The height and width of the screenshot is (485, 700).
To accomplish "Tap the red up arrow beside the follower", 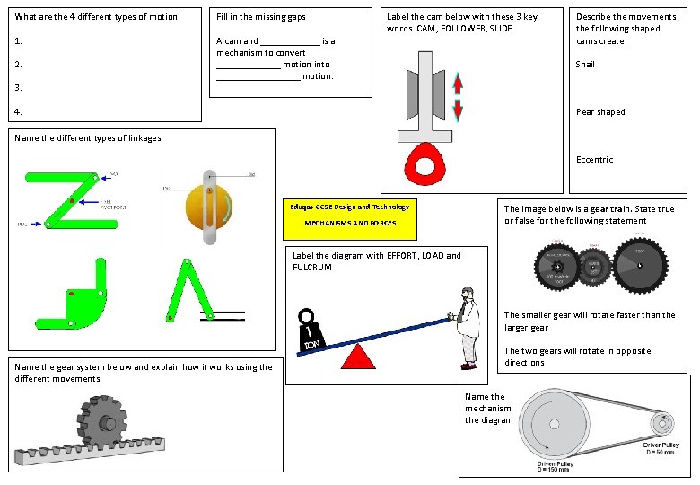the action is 458,84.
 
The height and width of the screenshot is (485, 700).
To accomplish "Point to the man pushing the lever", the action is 466,327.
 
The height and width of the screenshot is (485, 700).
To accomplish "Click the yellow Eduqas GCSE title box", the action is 350,218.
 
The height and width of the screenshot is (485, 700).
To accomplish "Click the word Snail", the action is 585,65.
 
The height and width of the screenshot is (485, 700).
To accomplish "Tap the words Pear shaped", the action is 600,112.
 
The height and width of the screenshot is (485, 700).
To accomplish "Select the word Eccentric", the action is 595,160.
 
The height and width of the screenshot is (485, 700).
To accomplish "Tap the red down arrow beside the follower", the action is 458,110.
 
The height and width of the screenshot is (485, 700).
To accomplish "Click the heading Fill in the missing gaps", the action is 261,17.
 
